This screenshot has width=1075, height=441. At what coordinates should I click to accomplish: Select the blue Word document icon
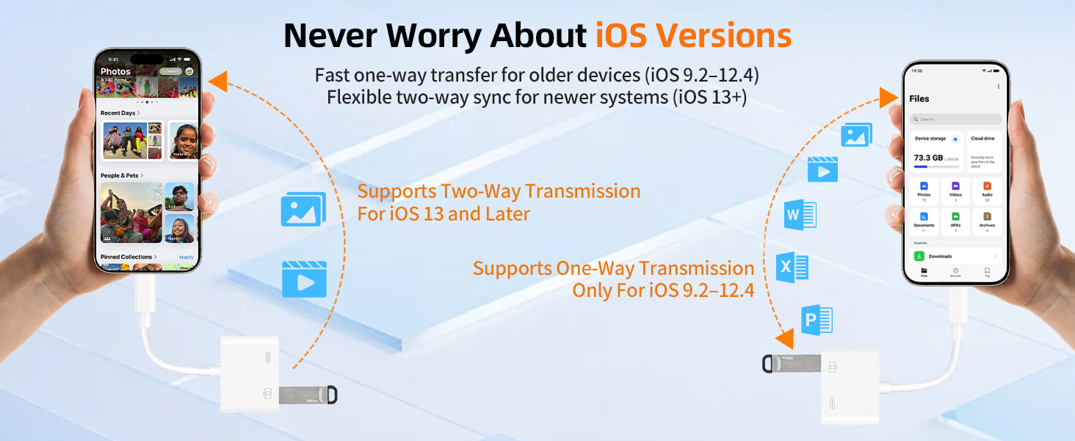[x=800, y=215]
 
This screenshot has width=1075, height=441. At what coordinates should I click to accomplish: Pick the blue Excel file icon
[x=792, y=268]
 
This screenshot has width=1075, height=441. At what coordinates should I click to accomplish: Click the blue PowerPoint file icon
[x=816, y=320]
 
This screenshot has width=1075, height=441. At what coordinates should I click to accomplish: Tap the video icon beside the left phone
[x=304, y=279]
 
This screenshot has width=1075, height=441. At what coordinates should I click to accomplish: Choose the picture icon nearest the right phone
[x=856, y=135]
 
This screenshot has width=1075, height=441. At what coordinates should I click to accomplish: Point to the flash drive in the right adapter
[x=794, y=363]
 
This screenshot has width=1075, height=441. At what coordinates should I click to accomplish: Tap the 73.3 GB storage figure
[x=928, y=158]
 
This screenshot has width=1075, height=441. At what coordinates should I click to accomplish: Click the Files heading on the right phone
[x=919, y=98]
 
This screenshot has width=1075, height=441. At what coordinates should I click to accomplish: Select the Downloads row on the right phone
[x=955, y=257]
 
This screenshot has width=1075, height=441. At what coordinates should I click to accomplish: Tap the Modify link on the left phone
[x=187, y=257]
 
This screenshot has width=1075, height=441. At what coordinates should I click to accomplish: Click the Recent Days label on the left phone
[x=120, y=113]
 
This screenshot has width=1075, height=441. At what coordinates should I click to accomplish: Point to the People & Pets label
[x=121, y=176]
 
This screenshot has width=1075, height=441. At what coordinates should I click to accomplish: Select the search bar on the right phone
[x=955, y=119]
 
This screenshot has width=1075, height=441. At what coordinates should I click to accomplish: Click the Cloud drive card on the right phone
[x=984, y=151]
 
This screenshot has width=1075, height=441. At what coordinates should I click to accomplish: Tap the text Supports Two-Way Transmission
[x=499, y=192]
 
